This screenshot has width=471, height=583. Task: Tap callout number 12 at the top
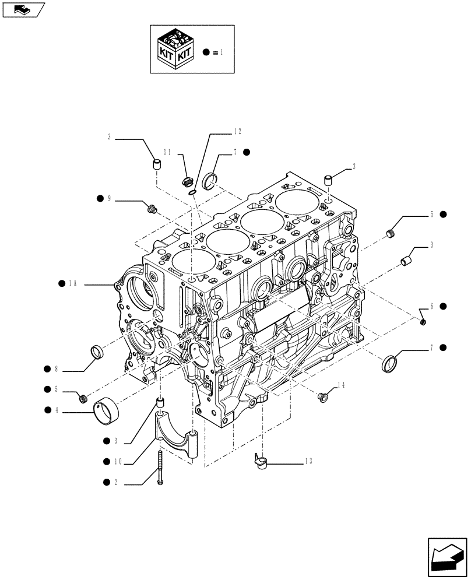[222, 132]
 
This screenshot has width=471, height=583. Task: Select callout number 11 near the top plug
[167, 152]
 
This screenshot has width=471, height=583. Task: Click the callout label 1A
[73, 283]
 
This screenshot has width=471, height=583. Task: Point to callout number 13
[308, 461]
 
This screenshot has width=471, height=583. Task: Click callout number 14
[341, 385]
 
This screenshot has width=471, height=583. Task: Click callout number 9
[108, 198]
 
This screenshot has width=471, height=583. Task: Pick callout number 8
[56, 368]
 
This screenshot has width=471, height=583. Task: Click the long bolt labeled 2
[160, 466]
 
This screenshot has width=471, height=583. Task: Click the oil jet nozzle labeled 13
[259, 461]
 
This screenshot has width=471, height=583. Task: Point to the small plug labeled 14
[321, 397]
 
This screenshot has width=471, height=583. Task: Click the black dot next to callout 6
[443, 305]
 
